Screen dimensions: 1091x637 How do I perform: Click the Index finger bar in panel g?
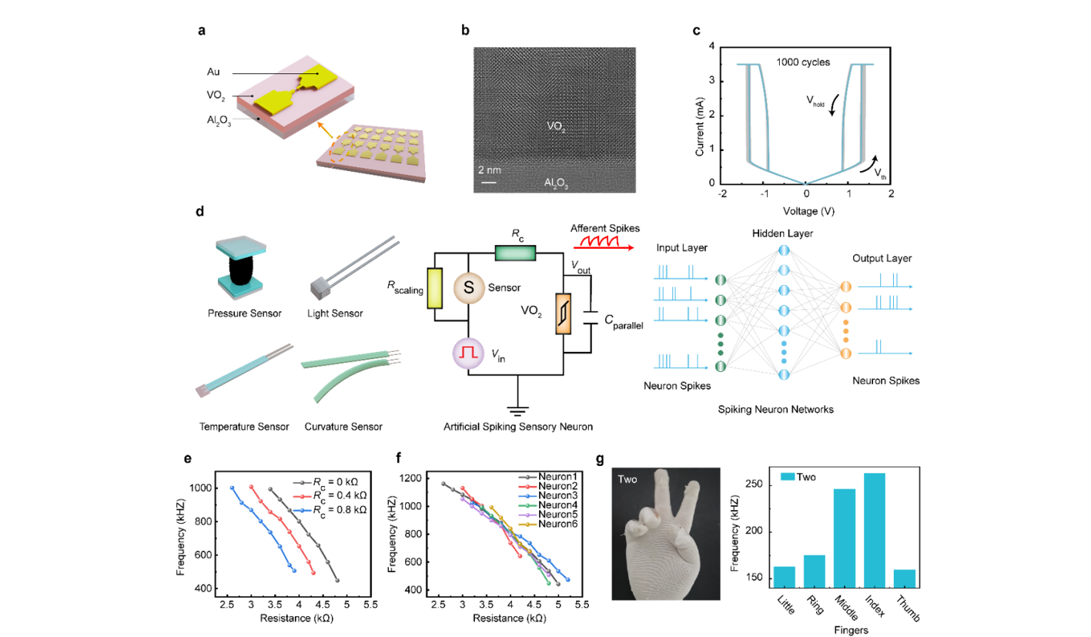click(874, 530)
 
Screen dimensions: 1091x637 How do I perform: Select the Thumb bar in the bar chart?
click(905, 578)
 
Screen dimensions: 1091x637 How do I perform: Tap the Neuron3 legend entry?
click(548, 496)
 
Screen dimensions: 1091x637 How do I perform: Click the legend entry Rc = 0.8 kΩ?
click(330, 510)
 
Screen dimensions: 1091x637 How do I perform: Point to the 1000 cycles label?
click(803, 62)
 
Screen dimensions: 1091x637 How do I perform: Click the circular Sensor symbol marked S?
click(469, 287)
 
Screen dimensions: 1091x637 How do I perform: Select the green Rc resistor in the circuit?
click(515, 253)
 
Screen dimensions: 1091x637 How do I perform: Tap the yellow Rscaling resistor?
click(434, 288)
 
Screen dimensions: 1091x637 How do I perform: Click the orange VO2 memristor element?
click(563, 313)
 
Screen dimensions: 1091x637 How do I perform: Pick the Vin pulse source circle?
click(468, 353)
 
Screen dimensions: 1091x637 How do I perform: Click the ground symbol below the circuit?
click(517, 411)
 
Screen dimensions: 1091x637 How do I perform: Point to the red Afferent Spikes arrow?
click(603, 247)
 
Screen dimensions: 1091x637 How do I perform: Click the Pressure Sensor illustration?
click(240, 267)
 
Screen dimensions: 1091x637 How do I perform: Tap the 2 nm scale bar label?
click(489, 170)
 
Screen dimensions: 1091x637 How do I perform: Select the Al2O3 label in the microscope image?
click(556, 183)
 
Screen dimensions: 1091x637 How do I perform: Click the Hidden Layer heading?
click(782, 233)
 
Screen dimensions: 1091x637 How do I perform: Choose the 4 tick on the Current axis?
click(711, 46)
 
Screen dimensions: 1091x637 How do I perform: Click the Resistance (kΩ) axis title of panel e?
click(296, 619)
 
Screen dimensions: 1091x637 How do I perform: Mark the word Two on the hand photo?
click(627, 480)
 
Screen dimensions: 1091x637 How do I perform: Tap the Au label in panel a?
click(213, 72)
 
